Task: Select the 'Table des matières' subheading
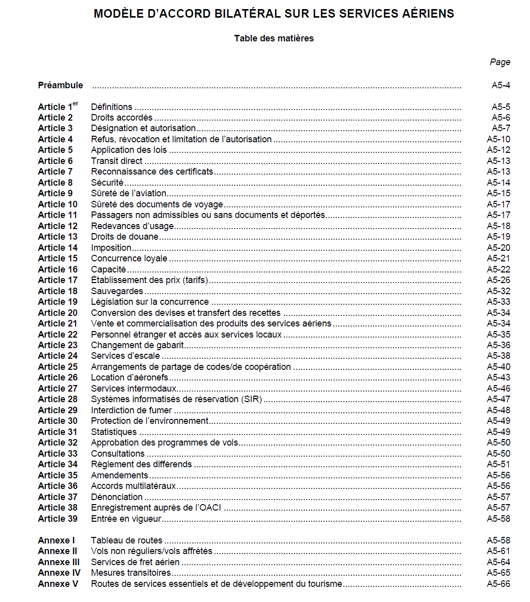pyautogui.click(x=274, y=38)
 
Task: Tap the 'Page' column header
pyautogui.click(x=500, y=62)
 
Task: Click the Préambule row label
pyautogui.click(x=61, y=85)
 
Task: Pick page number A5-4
pyautogui.click(x=501, y=85)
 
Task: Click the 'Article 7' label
pyautogui.click(x=55, y=172)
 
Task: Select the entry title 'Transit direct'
pyautogui.click(x=116, y=161)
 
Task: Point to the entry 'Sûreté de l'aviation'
pyautogui.click(x=129, y=193)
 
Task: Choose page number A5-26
pyautogui.click(x=498, y=280)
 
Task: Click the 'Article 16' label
pyautogui.click(x=58, y=269)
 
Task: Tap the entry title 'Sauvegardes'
pyautogui.click(x=117, y=291)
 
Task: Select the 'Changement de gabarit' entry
pyautogui.click(x=137, y=345)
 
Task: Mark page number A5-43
pyautogui.click(x=498, y=377)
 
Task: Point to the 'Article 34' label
pyautogui.click(x=58, y=464)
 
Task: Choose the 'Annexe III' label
pyautogui.click(x=58, y=562)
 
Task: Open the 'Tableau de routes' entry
pyautogui.click(x=127, y=540)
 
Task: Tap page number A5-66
pyautogui.click(x=498, y=584)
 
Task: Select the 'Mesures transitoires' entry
pyautogui.click(x=131, y=573)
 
